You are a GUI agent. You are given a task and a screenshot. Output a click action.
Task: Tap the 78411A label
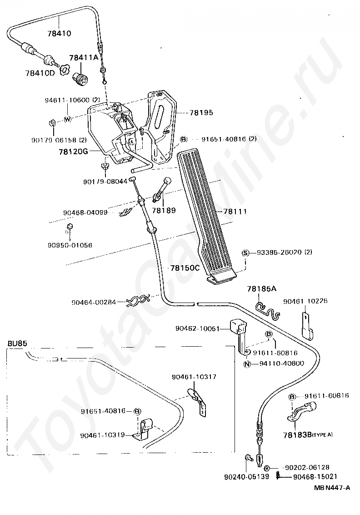pos(84,58)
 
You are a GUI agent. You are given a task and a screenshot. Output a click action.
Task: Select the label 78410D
pos(40,73)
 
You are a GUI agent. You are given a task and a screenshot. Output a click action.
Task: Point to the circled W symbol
pos(67,119)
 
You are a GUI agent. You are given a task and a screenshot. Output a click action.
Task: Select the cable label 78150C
pos(185,268)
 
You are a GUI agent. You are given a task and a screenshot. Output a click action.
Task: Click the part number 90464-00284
pos(94,302)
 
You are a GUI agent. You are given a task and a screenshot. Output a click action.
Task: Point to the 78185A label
pos(262,288)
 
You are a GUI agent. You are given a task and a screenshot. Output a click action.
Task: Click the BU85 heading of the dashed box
pos(17,343)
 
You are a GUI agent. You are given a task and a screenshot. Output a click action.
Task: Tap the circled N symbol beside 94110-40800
pos(247,364)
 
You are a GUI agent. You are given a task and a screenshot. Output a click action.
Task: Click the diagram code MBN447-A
pos(331,488)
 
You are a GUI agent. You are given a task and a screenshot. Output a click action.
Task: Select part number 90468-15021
pos(315,476)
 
